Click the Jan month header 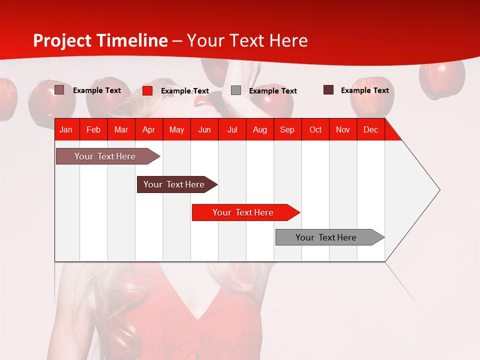coord(66,129)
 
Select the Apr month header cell coord(149,129)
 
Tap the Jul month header coord(232,129)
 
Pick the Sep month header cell coord(287,129)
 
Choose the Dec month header coord(370,129)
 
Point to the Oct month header coord(315,129)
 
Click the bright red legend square coord(147,90)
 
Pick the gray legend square coord(236,90)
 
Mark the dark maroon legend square coord(328,90)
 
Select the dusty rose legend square coord(59,90)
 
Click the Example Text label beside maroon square coord(364,90)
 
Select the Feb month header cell coord(93,129)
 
